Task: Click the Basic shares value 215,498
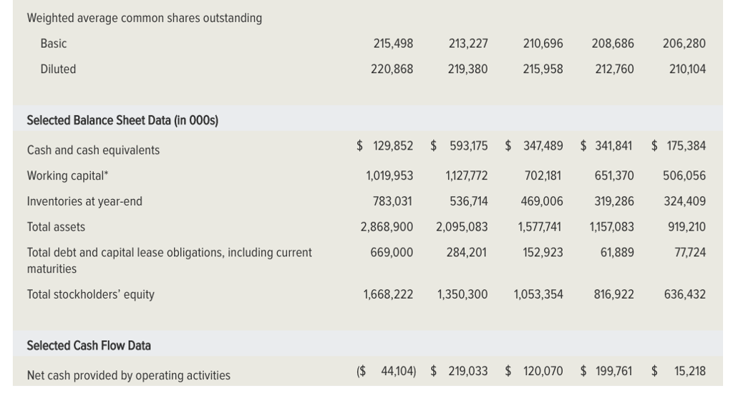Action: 393,44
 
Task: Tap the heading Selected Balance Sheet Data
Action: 122,120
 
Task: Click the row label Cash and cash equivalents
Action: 93,150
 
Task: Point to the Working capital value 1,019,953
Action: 389,176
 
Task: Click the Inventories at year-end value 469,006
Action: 541,202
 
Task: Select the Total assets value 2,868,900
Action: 387,227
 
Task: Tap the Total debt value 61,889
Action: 616,253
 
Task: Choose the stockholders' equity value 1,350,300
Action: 462,294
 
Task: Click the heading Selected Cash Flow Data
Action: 89,346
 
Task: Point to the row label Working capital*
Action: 68,176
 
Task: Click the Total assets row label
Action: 56,227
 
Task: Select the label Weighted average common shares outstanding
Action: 145,18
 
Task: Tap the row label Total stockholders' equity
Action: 90,294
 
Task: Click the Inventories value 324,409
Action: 684,202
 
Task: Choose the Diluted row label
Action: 58,69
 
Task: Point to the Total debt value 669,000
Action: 392,253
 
